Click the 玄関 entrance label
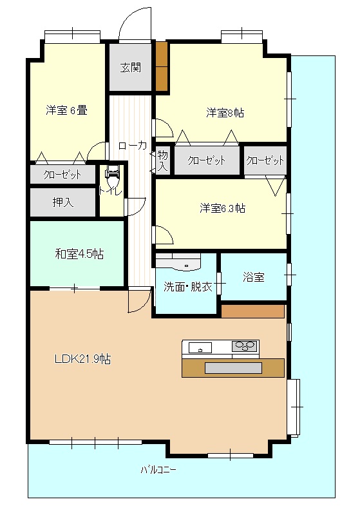click(x=131, y=68)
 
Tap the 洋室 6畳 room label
click(x=66, y=110)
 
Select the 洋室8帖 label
click(x=225, y=113)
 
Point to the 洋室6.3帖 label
click(x=222, y=208)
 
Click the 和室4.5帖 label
click(x=79, y=254)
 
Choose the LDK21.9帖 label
click(x=82, y=359)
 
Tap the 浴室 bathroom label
click(x=254, y=277)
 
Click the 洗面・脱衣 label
click(x=187, y=287)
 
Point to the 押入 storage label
click(x=63, y=202)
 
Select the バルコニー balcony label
click(x=158, y=470)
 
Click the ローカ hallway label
click(x=132, y=146)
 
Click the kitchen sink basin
click(x=200, y=347)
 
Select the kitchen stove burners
click(x=243, y=346)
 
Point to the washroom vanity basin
click(x=185, y=264)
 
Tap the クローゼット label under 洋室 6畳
click(x=62, y=175)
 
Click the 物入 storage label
click(x=163, y=160)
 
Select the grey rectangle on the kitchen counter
click(x=233, y=368)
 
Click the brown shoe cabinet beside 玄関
click(x=162, y=67)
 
